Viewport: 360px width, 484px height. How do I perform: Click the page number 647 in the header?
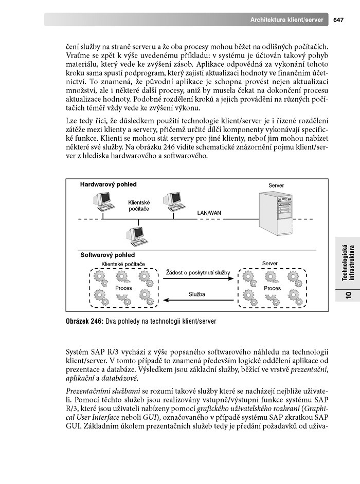click(338, 20)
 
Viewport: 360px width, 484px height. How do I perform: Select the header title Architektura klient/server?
click(286, 20)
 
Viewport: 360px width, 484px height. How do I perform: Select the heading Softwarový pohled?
click(107, 255)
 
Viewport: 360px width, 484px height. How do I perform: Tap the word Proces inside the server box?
click(272, 288)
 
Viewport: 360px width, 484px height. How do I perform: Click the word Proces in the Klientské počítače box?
click(123, 288)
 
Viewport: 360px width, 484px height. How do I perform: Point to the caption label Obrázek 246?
click(84, 322)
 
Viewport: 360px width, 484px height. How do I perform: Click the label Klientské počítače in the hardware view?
click(139, 206)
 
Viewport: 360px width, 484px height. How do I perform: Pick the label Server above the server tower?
click(276, 185)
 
